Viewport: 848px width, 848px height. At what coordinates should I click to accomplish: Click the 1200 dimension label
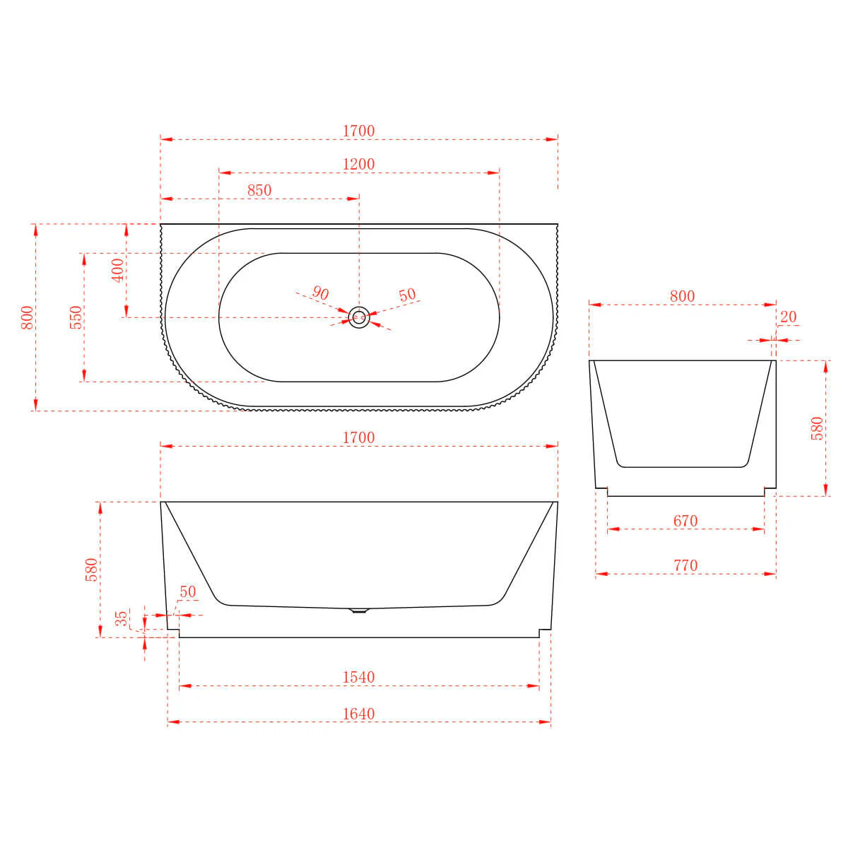click(x=358, y=164)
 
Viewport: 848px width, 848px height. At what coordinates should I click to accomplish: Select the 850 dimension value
click(x=259, y=190)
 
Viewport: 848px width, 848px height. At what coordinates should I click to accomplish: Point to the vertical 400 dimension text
click(x=117, y=270)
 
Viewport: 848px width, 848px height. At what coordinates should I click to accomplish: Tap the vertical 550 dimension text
click(x=76, y=317)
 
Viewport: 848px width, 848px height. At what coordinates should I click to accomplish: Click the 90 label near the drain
click(x=320, y=293)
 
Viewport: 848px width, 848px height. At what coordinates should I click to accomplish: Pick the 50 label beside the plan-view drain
click(x=407, y=295)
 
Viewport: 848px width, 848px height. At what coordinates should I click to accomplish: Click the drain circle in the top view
click(x=359, y=317)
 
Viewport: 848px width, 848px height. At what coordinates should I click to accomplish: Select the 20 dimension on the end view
click(x=788, y=317)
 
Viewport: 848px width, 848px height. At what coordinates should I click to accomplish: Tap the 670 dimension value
click(x=685, y=521)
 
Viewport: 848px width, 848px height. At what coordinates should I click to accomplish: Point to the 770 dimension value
click(x=685, y=565)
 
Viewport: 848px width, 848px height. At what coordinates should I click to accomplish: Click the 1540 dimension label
click(x=358, y=677)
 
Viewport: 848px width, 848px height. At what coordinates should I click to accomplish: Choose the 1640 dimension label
click(x=358, y=714)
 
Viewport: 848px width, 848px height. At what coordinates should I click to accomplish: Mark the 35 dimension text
click(x=122, y=618)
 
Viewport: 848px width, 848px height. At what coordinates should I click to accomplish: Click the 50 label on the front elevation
click(x=187, y=592)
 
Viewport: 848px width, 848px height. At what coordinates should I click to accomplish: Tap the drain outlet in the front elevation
click(x=360, y=610)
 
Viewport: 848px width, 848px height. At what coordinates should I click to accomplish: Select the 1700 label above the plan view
click(x=358, y=131)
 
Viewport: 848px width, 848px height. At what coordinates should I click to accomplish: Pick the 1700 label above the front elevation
click(x=358, y=437)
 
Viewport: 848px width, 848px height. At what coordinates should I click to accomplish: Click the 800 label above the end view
click(x=682, y=296)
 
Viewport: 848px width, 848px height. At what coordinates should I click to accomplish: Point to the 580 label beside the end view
click(x=817, y=429)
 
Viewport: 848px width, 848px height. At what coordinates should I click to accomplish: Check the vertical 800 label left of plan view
click(x=26, y=317)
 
